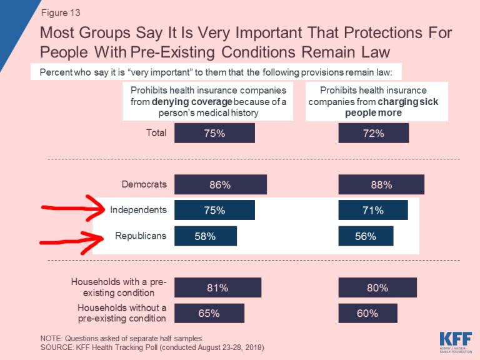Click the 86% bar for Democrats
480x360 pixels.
click(x=220, y=185)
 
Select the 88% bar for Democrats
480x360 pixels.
click(x=381, y=185)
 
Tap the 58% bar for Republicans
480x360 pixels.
click(x=206, y=236)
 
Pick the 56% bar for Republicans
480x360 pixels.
click(x=366, y=236)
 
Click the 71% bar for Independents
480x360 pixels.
click(x=372, y=211)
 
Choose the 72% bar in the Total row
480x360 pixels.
click(x=373, y=133)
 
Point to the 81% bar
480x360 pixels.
click(x=217, y=288)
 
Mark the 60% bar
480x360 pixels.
click(x=367, y=314)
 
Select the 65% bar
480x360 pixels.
click(x=209, y=314)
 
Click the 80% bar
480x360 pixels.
click(x=377, y=288)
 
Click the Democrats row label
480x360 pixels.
click(x=144, y=184)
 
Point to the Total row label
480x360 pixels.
click(x=156, y=132)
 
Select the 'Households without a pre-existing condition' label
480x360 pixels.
click(x=122, y=313)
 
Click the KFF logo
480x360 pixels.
click(x=454, y=341)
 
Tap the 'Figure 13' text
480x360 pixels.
click(x=60, y=12)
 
